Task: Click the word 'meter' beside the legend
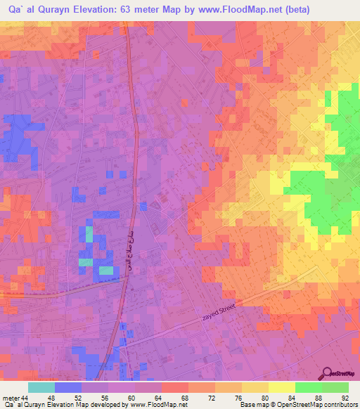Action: pos(10,398)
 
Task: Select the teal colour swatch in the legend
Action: pos(41,387)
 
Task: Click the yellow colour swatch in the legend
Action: pos(281,387)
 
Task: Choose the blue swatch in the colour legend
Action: pos(67,387)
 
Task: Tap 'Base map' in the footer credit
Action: pos(252,405)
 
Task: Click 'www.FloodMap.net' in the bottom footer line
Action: pos(155,405)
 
